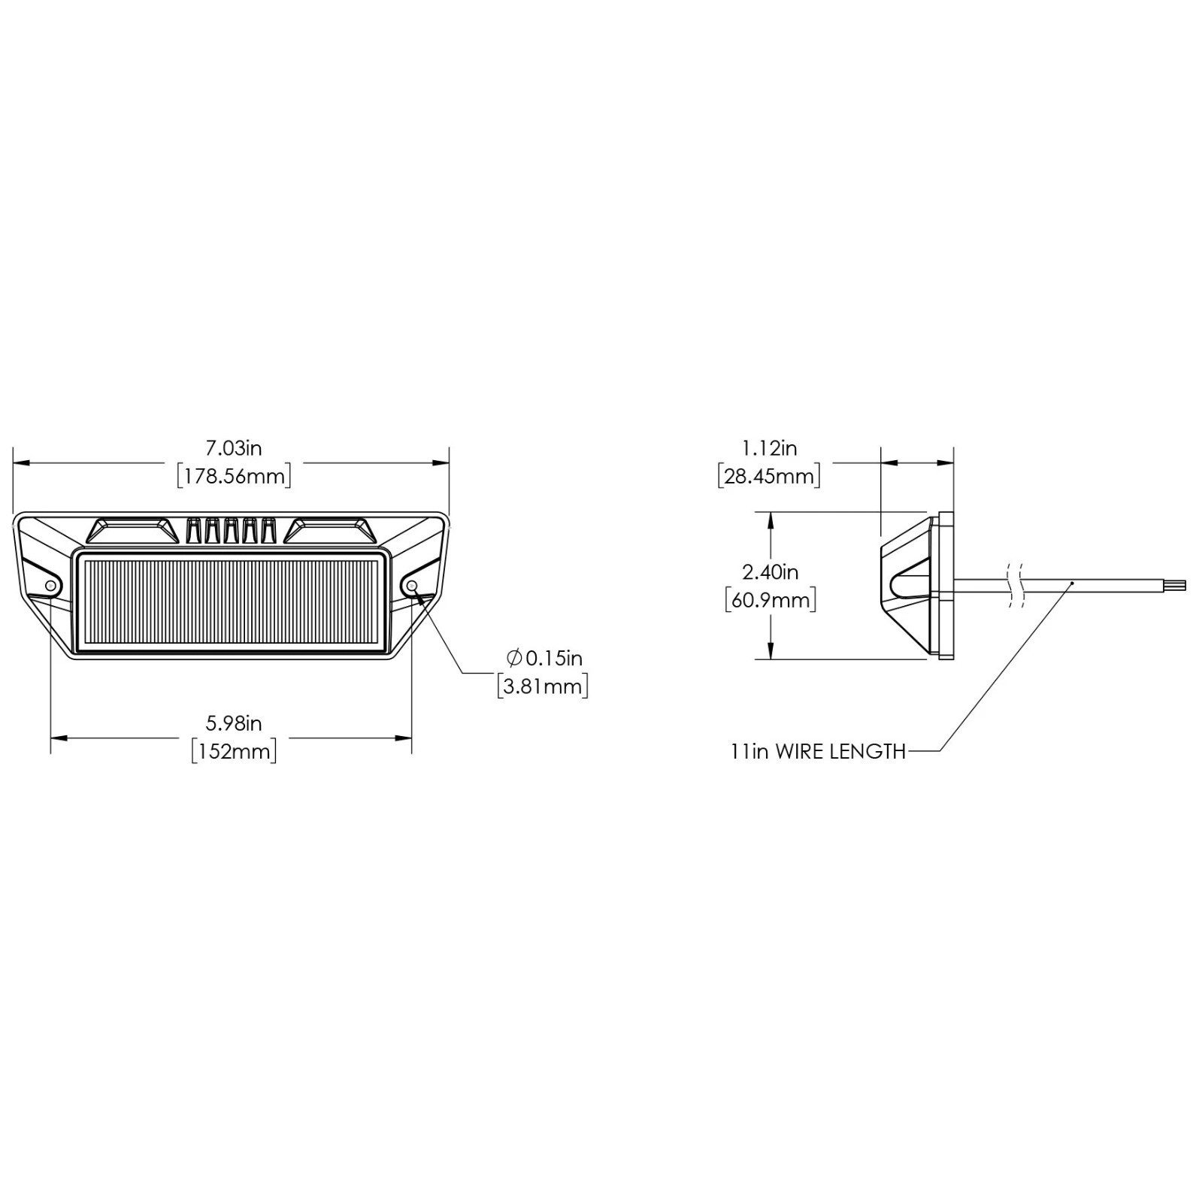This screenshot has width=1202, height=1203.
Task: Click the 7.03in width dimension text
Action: tap(234, 448)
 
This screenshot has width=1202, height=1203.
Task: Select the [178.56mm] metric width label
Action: tap(234, 476)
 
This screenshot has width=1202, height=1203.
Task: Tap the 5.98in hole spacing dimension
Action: tap(234, 723)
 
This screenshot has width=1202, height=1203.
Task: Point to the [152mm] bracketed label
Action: tap(234, 751)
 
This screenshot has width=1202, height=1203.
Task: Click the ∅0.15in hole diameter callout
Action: tap(545, 659)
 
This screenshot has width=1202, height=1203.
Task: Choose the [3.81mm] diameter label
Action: tap(543, 686)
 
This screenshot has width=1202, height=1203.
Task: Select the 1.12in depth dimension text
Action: tap(769, 448)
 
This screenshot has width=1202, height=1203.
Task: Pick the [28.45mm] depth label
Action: tap(769, 476)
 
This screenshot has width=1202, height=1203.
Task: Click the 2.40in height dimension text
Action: tap(771, 572)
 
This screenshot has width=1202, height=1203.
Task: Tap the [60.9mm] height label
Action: tap(771, 600)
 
